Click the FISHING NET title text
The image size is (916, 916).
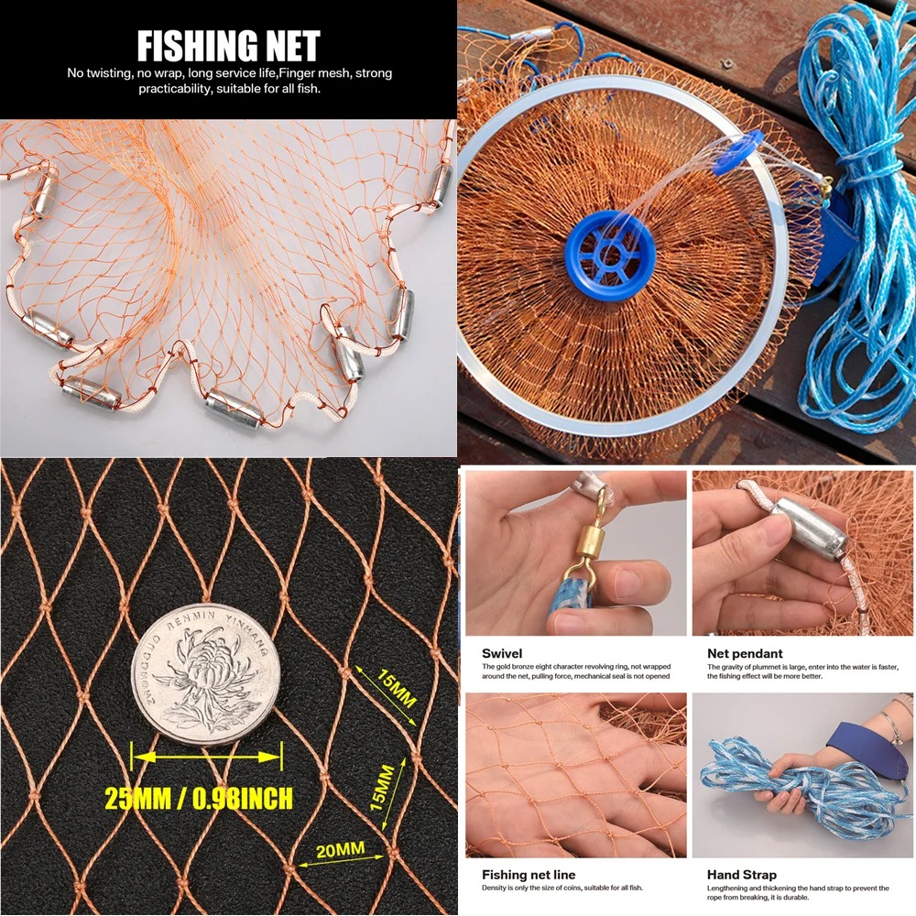coord(228,45)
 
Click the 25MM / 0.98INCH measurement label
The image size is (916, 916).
coord(199,798)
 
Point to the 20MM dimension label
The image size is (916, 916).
coord(340,850)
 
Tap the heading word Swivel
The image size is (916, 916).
coord(502,653)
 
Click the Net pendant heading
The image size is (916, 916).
coord(745,653)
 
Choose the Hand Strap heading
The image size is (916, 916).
coord(741,875)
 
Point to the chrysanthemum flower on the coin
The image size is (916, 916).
coord(204,682)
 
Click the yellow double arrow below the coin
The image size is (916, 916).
coord(206,757)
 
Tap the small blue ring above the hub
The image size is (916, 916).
coord(738,150)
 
